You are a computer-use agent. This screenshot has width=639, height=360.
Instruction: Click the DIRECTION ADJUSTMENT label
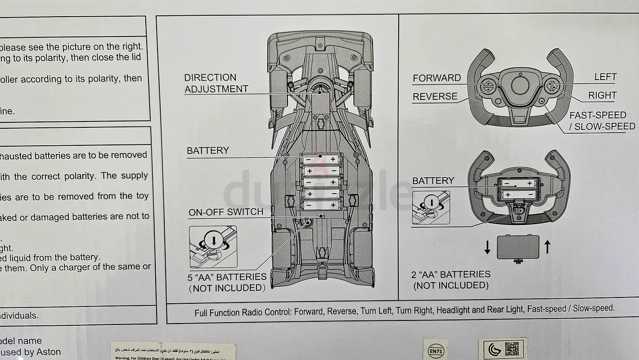click(x=216, y=83)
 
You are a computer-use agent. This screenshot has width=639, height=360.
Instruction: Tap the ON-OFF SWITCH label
click(x=225, y=212)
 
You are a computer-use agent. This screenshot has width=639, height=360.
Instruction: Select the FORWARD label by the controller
click(x=436, y=78)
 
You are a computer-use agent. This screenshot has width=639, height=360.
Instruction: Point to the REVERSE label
click(x=435, y=96)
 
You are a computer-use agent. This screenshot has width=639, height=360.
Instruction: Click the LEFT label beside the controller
click(x=605, y=77)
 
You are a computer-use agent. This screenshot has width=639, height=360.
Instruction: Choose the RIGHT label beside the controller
click(x=602, y=95)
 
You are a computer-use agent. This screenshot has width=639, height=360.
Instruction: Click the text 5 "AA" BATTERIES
click(x=227, y=277)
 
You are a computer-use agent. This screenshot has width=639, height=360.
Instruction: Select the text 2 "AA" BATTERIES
click(x=450, y=274)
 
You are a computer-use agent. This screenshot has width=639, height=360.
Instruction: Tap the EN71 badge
click(x=435, y=350)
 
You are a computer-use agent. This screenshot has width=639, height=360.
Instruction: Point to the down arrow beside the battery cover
click(x=487, y=247)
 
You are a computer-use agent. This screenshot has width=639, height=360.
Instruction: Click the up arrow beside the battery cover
click(x=547, y=247)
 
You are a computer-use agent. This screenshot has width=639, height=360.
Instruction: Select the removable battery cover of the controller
click(x=517, y=247)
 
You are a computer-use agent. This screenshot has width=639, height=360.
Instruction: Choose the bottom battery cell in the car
click(x=320, y=205)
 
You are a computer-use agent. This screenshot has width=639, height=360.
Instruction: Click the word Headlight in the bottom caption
click(x=453, y=310)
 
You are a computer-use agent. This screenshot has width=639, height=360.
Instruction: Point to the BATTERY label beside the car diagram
click(x=207, y=150)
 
